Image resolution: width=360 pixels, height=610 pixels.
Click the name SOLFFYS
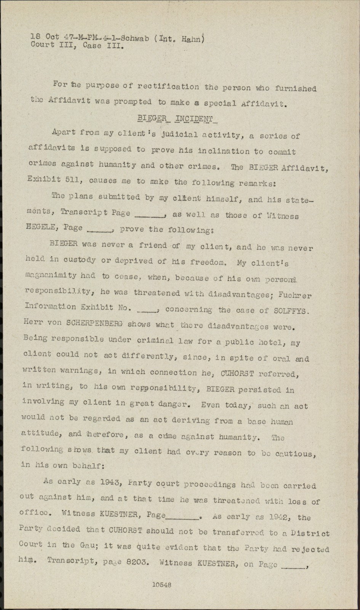[x=291, y=310]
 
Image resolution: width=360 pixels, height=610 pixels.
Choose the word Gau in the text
[x=88, y=545]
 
